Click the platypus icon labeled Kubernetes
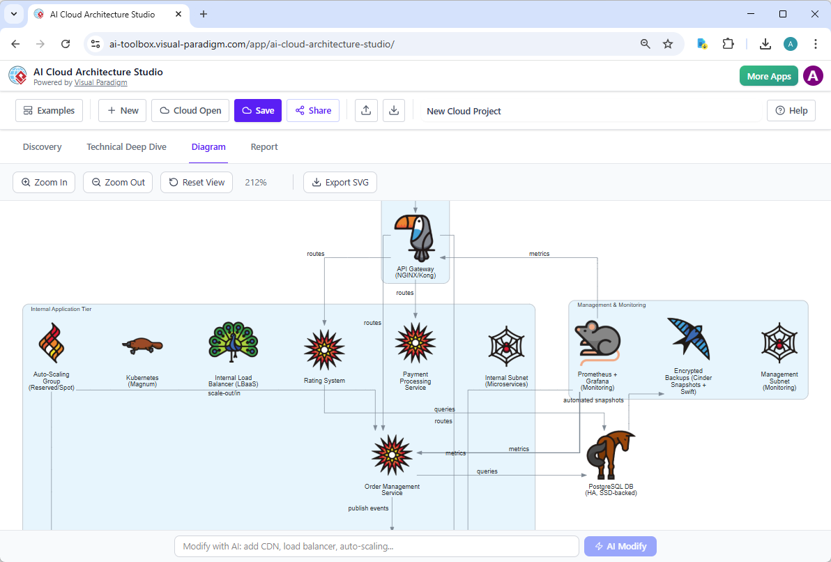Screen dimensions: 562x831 click(142, 344)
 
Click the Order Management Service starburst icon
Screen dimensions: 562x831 click(392, 455)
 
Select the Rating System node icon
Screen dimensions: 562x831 click(324, 349)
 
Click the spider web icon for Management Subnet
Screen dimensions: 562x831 click(779, 344)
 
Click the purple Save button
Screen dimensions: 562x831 click(257, 110)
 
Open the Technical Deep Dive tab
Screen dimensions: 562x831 click(126, 147)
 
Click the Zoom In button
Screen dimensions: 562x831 click(44, 183)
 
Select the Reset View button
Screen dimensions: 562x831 click(197, 183)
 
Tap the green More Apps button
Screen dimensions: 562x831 click(768, 76)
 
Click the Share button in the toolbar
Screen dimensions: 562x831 click(312, 110)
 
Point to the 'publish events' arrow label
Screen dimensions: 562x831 click(368, 509)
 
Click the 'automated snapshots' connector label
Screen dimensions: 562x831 click(593, 400)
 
